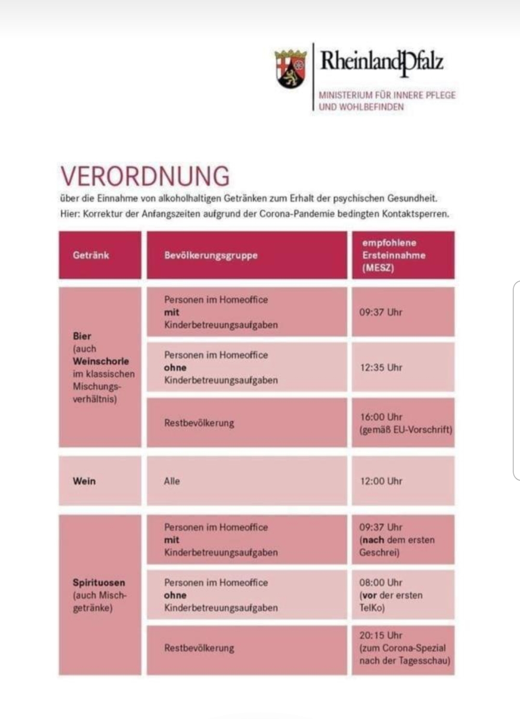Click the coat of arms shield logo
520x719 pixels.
(x=291, y=68)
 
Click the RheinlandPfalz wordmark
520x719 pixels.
(x=382, y=62)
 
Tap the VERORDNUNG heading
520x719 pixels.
(x=145, y=176)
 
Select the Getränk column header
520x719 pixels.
(x=91, y=255)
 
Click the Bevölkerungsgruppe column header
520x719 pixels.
(x=211, y=255)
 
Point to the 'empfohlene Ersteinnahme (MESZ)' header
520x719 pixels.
(x=394, y=255)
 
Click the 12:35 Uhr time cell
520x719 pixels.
(x=381, y=368)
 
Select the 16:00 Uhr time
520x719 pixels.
(x=381, y=417)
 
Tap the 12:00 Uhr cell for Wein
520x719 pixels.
(x=381, y=481)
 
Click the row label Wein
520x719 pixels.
(x=84, y=481)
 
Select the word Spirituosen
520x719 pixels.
(x=99, y=582)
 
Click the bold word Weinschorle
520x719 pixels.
(x=101, y=361)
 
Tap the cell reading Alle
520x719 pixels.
(x=172, y=481)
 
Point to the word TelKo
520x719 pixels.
(x=372, y=608)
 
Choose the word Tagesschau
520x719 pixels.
(x=424, y=661)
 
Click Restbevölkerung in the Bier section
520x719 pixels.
(x=199, y=423)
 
